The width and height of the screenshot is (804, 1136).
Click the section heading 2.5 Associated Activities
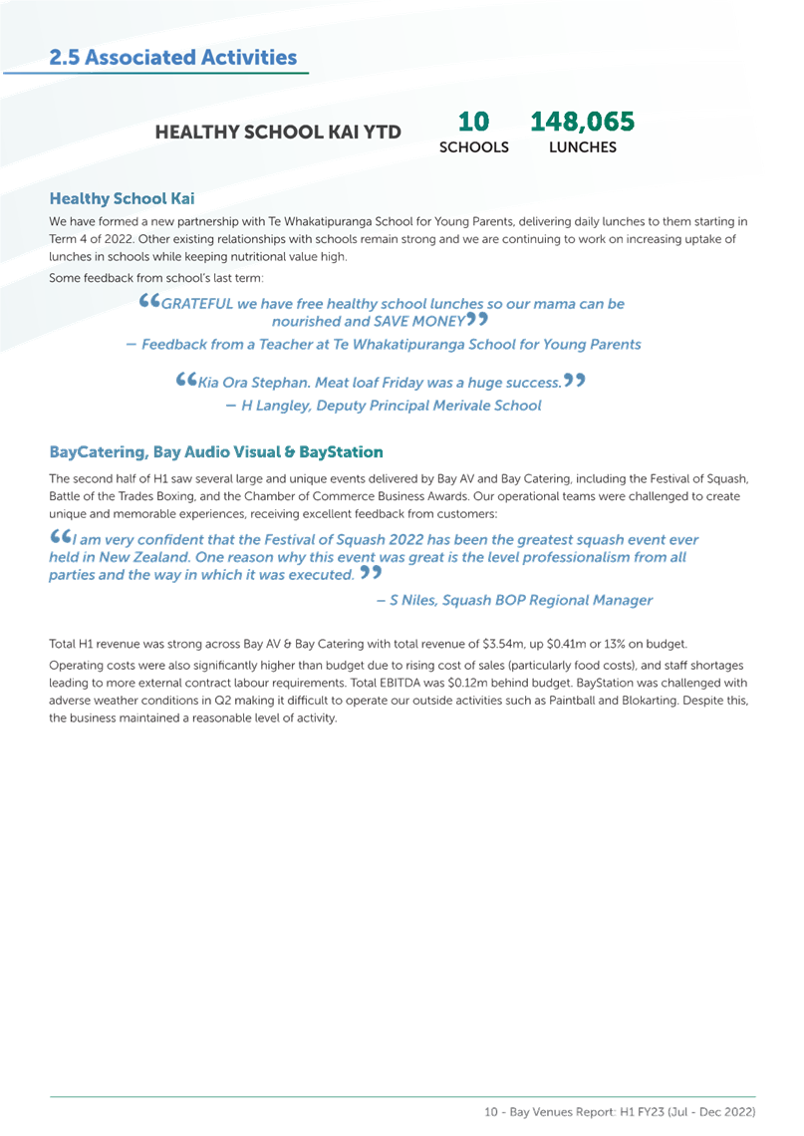coord(173,57)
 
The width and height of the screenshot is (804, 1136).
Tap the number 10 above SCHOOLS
coord(473,121)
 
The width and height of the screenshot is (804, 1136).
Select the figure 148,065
coord(583,121)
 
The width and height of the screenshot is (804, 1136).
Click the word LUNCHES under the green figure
coord(583,147)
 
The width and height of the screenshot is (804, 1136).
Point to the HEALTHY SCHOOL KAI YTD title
coord(278,132)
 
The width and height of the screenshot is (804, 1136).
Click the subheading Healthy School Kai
coord(122,198)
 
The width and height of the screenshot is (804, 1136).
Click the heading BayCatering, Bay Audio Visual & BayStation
coord(216,452)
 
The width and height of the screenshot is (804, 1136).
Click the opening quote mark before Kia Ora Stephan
coord(186,379)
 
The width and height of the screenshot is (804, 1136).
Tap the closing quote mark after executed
coord(371,572)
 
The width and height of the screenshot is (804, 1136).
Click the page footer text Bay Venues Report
coord(562,1111)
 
